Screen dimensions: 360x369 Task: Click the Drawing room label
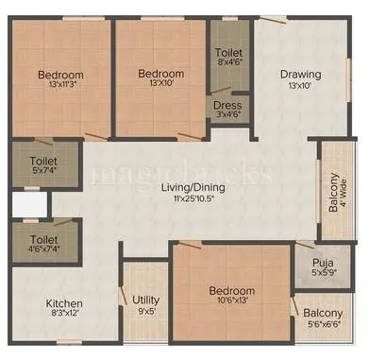[300, 75]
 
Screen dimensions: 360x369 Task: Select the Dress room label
[226, 105]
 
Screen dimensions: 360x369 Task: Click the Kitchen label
[65, 303]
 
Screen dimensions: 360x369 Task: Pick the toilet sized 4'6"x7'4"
[42, 247]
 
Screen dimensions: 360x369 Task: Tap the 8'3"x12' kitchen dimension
[65, 316]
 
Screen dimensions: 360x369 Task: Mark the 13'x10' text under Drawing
[300, 87]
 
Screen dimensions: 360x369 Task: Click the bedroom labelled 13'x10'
[159, 79]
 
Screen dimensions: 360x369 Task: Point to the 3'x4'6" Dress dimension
[226, 116]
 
